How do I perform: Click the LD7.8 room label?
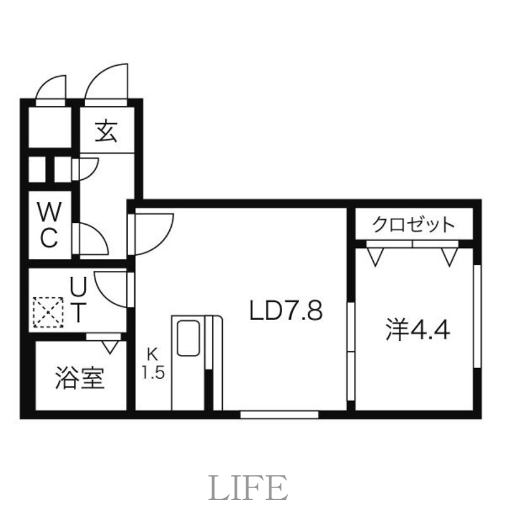pos(287,311)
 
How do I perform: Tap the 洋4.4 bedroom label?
pos(418,330)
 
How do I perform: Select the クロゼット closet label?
pos(413,225)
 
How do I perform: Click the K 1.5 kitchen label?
pos(154,362)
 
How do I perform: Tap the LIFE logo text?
pos(249,487)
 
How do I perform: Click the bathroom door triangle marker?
pos(109,347)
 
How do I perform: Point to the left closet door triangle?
pos(376,256)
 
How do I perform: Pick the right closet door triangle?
pos(450,256)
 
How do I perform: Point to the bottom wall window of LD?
pos(278,414)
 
